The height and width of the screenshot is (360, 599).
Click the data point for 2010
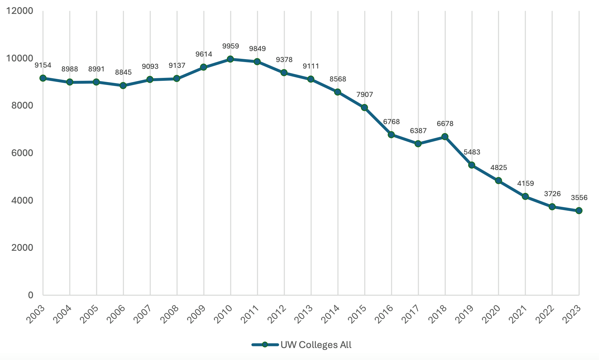click(230, 59)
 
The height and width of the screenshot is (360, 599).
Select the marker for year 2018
click(445, 137)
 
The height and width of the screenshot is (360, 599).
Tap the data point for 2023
click(579, 211)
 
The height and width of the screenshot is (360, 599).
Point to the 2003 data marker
click(43, 78)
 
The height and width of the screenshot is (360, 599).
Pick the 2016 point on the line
click(391, 134)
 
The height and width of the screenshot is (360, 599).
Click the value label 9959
click(230, 46)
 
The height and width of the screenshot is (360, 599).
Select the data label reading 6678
click(445, 124)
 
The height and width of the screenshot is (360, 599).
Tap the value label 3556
click(579, 198)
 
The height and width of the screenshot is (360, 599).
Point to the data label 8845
click(123, 72)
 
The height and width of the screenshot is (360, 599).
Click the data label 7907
click(364, 95)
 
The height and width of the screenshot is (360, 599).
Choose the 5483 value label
click(472, 152)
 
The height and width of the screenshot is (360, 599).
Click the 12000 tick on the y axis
click(20, 11)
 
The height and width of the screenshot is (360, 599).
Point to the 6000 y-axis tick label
click(22, 153)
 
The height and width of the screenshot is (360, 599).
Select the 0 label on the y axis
click(31, 295)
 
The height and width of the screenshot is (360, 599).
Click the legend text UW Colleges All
click(316, 345)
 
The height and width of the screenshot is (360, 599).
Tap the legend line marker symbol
click(265, 345)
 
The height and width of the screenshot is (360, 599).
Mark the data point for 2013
click(311, 79)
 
